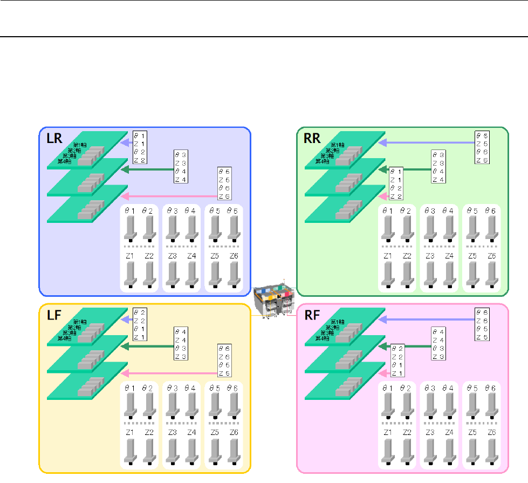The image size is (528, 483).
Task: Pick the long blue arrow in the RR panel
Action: point(426,143)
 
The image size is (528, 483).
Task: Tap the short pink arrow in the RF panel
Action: point(383,373)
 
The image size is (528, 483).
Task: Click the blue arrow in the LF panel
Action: point(127,319)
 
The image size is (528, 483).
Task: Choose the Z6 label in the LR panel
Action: point(233,255)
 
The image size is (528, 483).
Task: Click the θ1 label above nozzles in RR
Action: point(387,211)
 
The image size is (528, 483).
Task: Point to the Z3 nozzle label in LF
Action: point(172,432)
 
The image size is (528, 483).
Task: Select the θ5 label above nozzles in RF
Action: point(472,387)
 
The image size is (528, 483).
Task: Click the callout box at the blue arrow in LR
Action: point(140,147)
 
